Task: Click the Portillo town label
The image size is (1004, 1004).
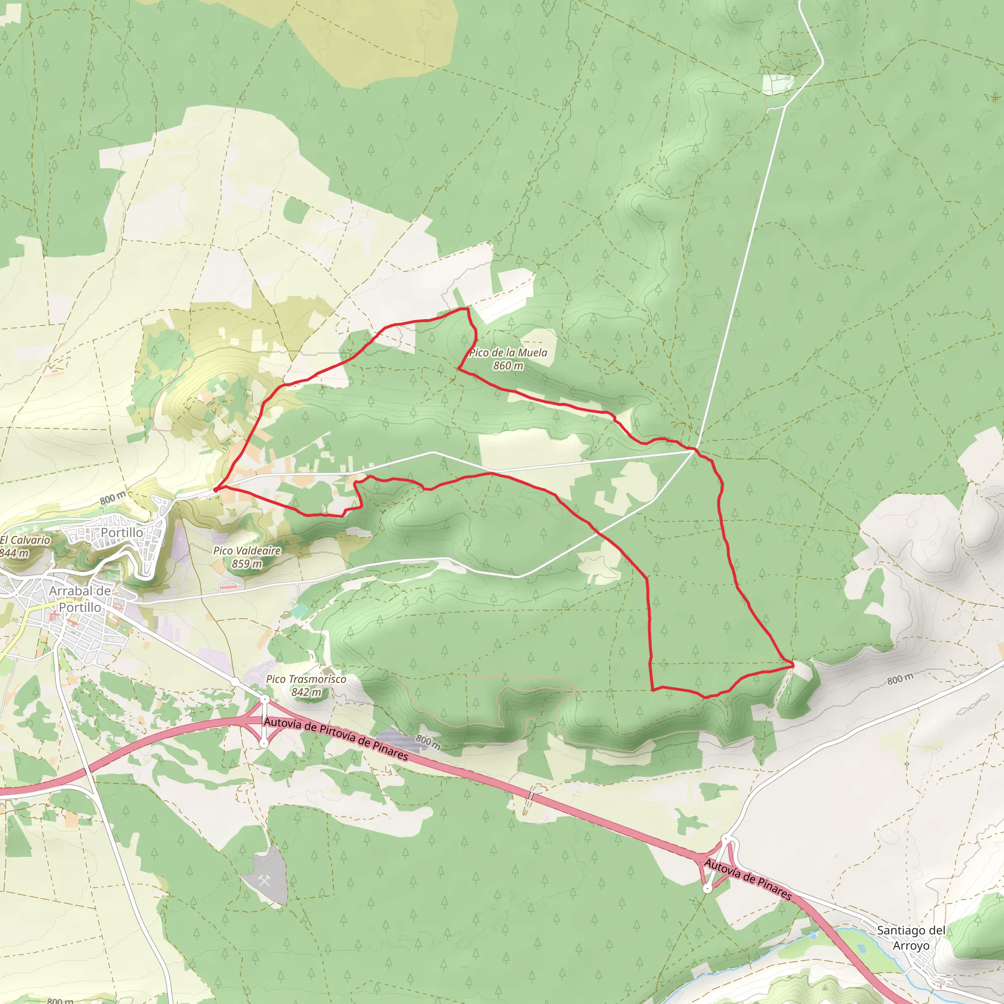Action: [x=122, y=533]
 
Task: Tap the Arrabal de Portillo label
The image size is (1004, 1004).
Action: [x=79, y=599]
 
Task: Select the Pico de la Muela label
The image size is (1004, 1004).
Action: [x=508, y=353]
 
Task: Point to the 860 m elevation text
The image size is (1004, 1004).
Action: [x=508, y=366]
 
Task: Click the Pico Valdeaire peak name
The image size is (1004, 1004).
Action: [x=247, y=551]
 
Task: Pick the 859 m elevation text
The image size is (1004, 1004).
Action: [x=247, y=563]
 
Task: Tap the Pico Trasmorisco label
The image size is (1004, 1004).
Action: [x=306, y=678]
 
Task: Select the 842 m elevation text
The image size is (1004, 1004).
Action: [x=306, y=692]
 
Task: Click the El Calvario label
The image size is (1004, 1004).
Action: [x=25, y=540]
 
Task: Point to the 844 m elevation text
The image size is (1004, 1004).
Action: [x=14, y=553]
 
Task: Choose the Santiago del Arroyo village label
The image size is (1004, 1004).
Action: [x=911, y=937]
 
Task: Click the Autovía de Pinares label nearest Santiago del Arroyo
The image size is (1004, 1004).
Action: [x=748, y=879]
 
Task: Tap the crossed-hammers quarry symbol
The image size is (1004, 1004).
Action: [x=263, y=880]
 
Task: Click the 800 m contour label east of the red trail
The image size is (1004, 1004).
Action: [x=900, y=679]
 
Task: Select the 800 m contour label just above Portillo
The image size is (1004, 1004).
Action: [x=113, y=498]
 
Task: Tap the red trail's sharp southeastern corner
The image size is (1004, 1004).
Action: [x=793, y=664]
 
